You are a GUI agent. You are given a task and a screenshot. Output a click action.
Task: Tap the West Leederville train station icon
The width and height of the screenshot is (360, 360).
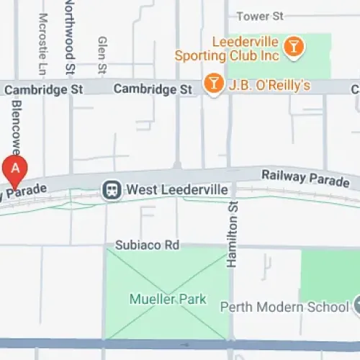click(x=112, y=189)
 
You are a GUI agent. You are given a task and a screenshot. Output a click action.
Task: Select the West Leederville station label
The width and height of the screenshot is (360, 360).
click(x=177, y=190)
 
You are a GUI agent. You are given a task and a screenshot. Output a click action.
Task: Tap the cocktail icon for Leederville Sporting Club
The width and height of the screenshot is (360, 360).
click(x=294, y=48)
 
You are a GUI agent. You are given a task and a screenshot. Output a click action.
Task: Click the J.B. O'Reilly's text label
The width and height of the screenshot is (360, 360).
click(x=269, y=86)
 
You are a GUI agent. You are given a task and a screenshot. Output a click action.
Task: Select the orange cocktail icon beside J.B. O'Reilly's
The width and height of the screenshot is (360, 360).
click(x=213, y=85)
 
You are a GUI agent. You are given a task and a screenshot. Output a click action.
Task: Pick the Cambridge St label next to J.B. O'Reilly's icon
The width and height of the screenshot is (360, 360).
click(x=153, y=89)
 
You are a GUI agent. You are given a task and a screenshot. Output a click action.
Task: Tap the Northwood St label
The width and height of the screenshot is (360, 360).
click(x=70, y=36)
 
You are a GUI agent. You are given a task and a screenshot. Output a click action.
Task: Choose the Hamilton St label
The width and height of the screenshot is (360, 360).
click(x=232, y=235)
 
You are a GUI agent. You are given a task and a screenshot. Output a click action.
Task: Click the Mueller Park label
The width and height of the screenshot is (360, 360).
click(x=168, y=299)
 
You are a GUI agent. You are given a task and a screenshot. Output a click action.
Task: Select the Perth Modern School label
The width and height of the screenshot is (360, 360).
click(x=284, y=306)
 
